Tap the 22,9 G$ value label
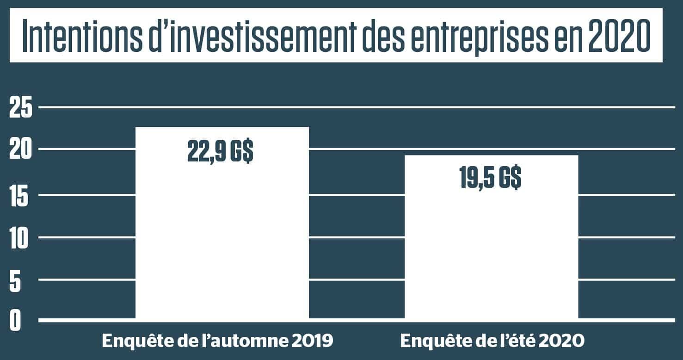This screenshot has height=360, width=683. (x=220, y=152)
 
